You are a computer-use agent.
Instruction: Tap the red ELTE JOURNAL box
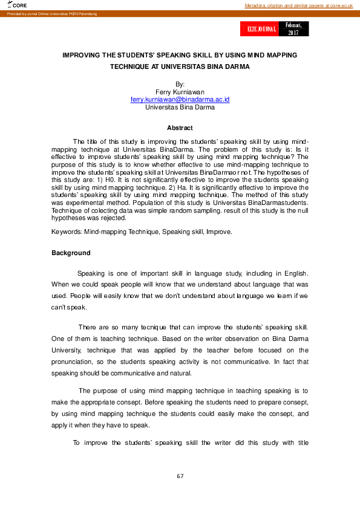point(261,29)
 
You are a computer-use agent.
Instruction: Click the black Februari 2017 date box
point(293,29)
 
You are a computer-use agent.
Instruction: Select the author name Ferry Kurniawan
point(180,91)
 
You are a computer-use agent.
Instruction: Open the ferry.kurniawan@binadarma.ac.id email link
point(180,99)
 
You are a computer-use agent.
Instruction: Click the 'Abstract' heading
point(180,128)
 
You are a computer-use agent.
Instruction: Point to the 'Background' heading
point(71,253)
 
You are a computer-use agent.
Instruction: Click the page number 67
point(180,476)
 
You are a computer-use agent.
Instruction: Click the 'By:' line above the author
point(180,84)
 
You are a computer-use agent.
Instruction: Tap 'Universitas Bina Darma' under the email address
point(180,107)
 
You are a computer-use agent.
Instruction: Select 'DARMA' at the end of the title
point(238,66)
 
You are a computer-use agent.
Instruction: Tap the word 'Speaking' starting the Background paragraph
point(91,273)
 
